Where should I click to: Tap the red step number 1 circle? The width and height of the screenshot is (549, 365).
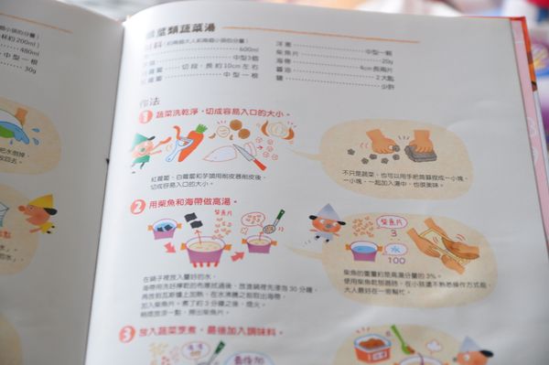click(145, 117)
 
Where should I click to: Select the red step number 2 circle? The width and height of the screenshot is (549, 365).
click(137, 207)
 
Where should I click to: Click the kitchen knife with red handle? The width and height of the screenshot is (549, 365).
click(248, 156)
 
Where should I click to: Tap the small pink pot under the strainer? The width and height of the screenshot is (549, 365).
click(259, 244)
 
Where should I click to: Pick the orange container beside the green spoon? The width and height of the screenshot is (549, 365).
click(372, 347)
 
